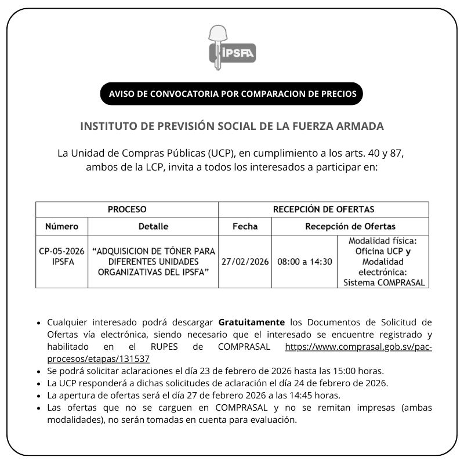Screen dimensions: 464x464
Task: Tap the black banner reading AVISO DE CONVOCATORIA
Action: coord(232,94)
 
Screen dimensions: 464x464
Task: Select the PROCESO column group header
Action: coord(127,209)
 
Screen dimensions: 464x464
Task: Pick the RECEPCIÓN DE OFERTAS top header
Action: coord(324,209)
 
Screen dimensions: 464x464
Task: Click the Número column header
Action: coord(61,226)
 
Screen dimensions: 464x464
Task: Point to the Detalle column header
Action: coord(153,226)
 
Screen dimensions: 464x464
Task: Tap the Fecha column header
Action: coord(245,226)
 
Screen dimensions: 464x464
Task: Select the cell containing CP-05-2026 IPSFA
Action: coord(61,256)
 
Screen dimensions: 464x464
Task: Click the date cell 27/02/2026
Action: coord(245,262)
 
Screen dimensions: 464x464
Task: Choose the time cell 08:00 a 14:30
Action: coord(304,262)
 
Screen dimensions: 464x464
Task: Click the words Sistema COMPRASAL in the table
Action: coord(383,283)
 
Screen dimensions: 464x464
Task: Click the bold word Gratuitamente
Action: coord(252,322)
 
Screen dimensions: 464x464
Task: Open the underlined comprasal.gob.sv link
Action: coord(358,346)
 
